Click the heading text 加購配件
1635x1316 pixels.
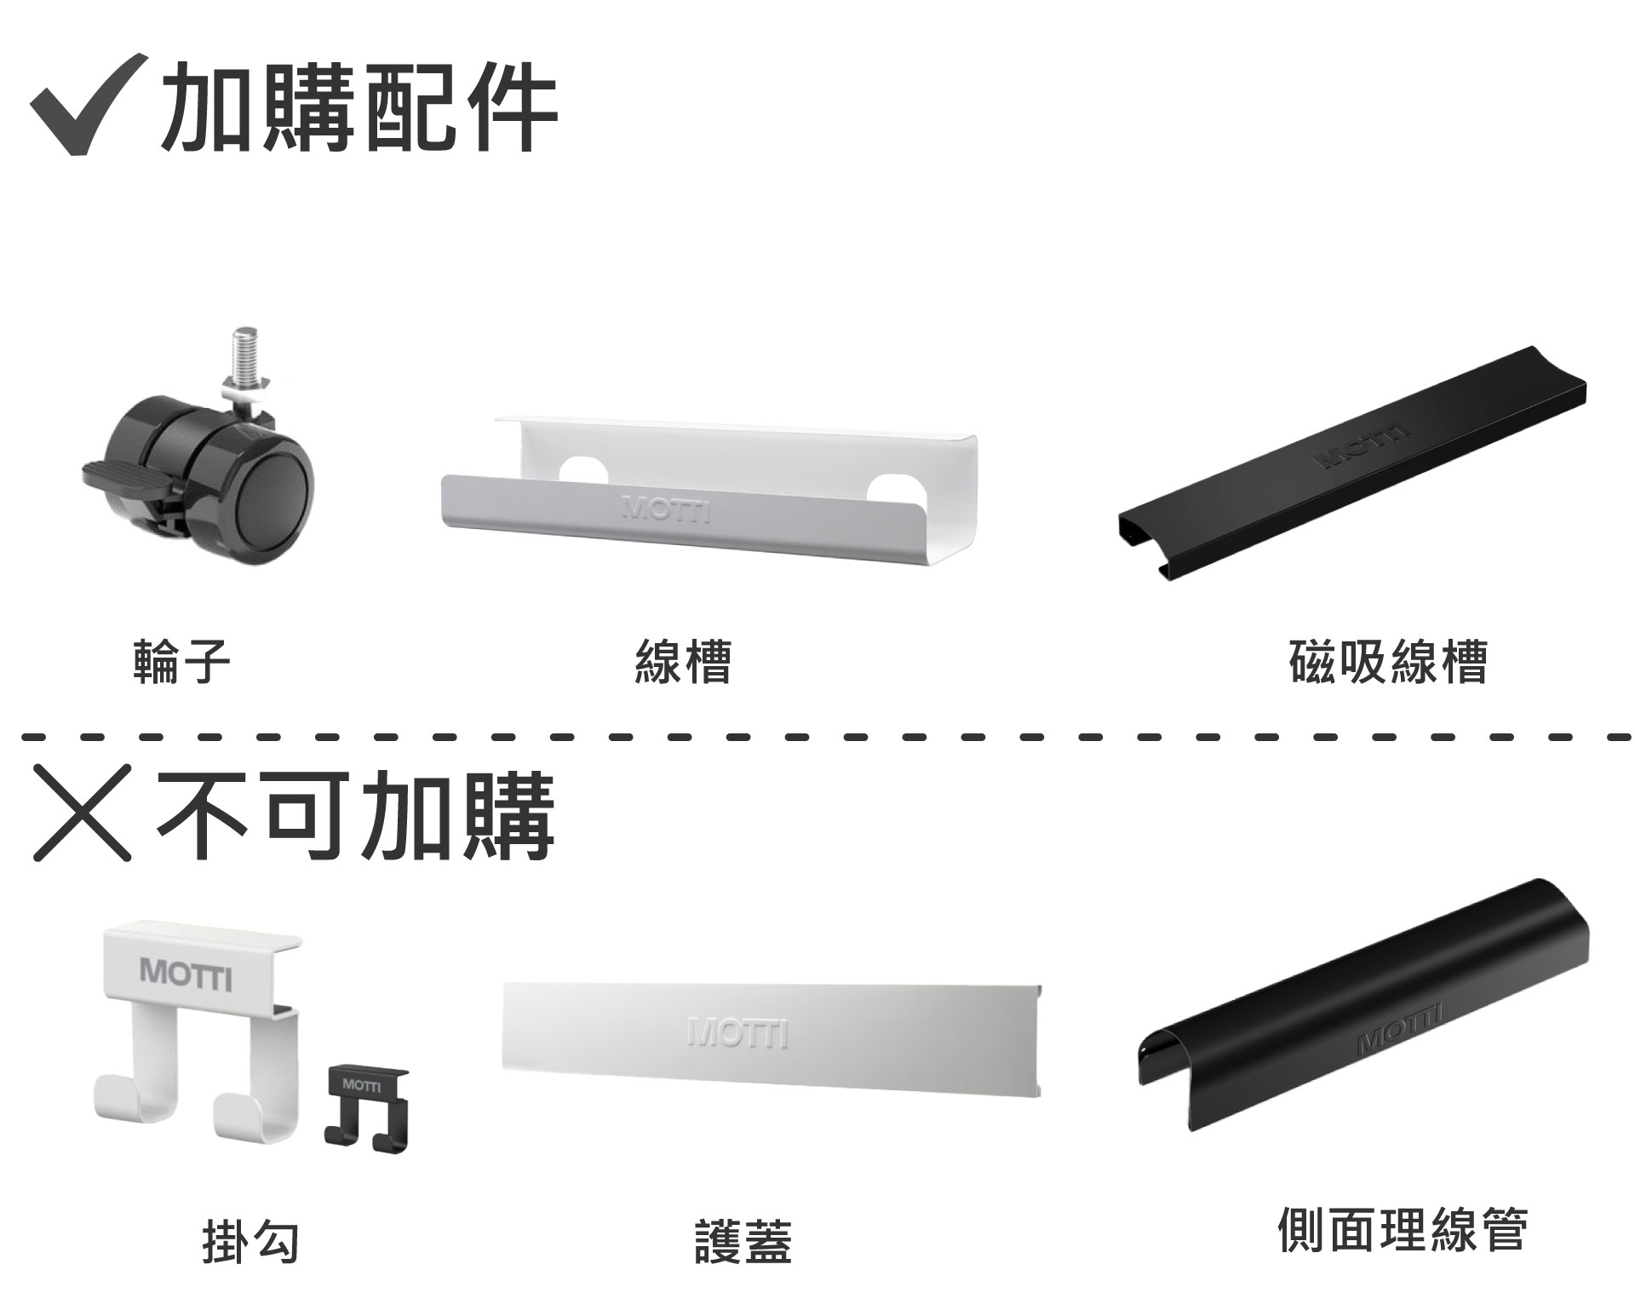359,108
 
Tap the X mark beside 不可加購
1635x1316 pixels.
82,811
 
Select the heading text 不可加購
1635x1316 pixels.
356,815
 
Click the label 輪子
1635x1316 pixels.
181,662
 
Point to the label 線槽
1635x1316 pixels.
683,662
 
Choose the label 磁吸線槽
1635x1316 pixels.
1389,662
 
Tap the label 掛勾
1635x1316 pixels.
250,1241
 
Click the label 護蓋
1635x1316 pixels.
743,1241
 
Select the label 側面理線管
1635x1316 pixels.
1403,1229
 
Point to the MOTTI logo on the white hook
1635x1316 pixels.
186,974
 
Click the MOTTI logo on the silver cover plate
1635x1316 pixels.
738,1033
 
